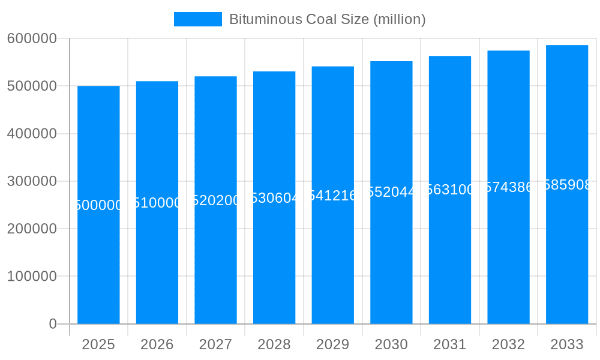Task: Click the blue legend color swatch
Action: pyautogui.click(x=197, y=19)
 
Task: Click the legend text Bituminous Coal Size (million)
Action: pyautogui.click(x=327, y=19)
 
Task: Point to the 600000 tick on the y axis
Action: pyautogui.click(x=32, y=38)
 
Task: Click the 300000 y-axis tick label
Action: pyautogui.click(x=32, y=181)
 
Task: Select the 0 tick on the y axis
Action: pyautogui.click(x=53, y=324)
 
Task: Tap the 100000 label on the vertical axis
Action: pyautogui.click(x=32, y=277)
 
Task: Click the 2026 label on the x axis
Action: pyautogui.click(x=157, y=344)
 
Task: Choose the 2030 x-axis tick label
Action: pyautogui.click(x=391, y=344)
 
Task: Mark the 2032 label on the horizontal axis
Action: pyautogui.click(x=508, y=344)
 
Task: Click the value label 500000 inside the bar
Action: pyautogui.click(x=98, y=205)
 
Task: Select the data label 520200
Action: pyautogui.click(x=215, y=200)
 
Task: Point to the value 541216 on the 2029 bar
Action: pyautogui.click(x=333, y=196)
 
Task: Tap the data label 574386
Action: pyautogui.click(x=508, y=187)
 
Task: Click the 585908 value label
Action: pyautogui.click(x=567, y=185)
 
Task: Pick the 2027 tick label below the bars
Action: pyautogui.click(x=215, y=344)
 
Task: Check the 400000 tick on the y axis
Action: pyautogui.click(x=32, y=134)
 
